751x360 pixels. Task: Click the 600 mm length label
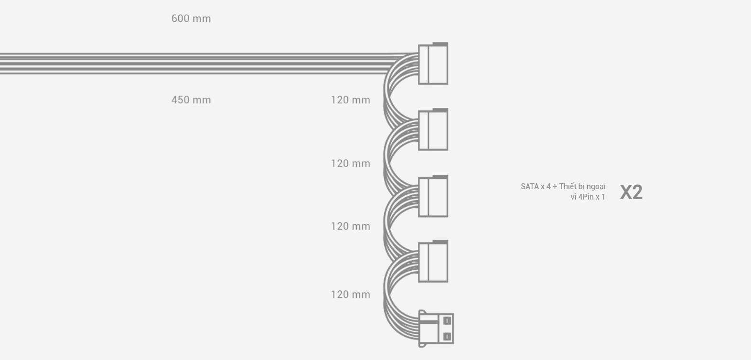pyautogui.click(x=191, y=19)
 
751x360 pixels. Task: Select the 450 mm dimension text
pyautogui.click(x=191, y=100)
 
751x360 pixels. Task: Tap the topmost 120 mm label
pyautogui.click(x=351, y=100)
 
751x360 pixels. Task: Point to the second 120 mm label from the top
pyautogui.click(x=351, y=164)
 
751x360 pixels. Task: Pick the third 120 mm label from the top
pyautogui.click(x=351, y=226)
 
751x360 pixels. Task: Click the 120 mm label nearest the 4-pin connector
pyautogui.click(x=351, y=294)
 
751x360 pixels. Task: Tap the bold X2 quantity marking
pyautogui.click(x=631, y=192)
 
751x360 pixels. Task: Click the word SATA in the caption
pyautogui.click(x=529, y=186)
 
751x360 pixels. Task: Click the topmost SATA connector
pyautogui.click(x=433, y=64)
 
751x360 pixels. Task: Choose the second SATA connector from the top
pyautogui.click(x=433, y=129)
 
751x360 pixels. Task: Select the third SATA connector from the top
pyautogui.click(x=433, y=196)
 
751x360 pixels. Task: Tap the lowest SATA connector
pyautogui.click(x=433, y=262)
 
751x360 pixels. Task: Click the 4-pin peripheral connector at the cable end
pyautogui.click(x=436, y=328)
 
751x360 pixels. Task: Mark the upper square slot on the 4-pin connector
pyautogui.click(x=447, y=321)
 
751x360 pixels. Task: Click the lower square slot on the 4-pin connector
pyautogui.click(x=447, y=337)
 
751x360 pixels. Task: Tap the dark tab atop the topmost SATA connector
pyautogui.click(x=440, y=44)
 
